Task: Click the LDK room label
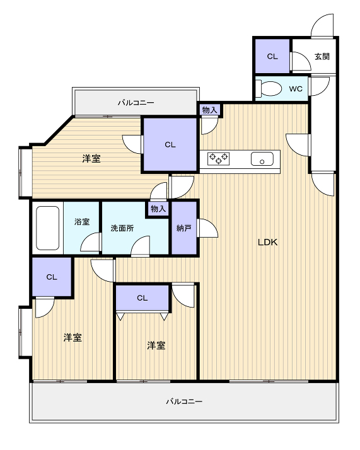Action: coord(267,242)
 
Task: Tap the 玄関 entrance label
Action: coord(322,56)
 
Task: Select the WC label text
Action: coord(296,89)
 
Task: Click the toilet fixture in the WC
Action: coord(269,88)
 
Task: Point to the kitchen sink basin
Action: coord(262,159)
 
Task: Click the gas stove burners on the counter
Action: coord(219,158)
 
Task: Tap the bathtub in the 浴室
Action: coord(48,228)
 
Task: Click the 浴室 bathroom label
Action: coord(82,222)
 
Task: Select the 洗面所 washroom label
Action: coord(122,228)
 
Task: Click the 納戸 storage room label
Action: coord(184,228)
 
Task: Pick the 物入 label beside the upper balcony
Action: coord(209,110)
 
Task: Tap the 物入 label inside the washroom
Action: coord(158,209)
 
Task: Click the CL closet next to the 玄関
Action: coord(272,56)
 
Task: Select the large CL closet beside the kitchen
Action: coord(170,145)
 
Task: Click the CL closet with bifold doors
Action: coord(142,298)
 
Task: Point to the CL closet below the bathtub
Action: coord(52,277)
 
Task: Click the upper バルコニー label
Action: coord(136,103)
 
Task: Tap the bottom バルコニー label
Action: coord(184,401)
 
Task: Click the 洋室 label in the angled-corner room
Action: coord(91,158)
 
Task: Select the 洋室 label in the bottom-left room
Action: coord(73,338)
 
